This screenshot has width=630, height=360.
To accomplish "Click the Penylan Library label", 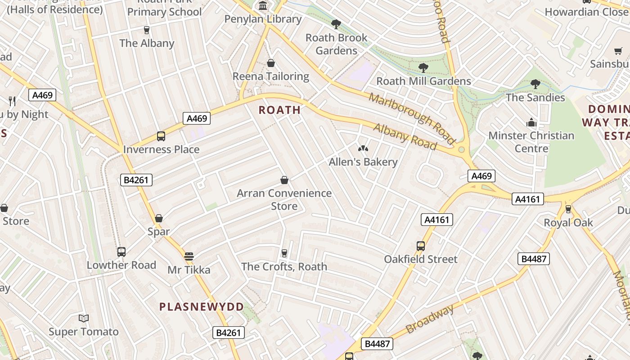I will point(263,19).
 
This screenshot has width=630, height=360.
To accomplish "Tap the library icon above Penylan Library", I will point(263,6).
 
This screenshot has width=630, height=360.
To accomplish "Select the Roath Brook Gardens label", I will point(336,44).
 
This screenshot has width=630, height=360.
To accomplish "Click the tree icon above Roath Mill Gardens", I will point(423,68).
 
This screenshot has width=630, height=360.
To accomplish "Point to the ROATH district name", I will point(279,110).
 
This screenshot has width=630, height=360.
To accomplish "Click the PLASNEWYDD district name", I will point(202,307).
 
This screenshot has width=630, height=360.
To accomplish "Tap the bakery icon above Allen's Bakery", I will point(363,148).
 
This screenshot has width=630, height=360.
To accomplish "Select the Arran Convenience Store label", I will point(284,199).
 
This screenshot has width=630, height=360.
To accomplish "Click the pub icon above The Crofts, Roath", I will point(284,253).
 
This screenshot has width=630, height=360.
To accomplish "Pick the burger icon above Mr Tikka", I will point(189,256).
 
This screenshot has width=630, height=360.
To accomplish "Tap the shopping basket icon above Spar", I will point(159,218).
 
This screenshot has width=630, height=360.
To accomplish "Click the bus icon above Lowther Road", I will point(121,252).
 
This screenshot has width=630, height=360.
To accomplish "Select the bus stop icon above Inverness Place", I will point(161,136).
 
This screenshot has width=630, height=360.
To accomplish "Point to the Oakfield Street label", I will point(420,259).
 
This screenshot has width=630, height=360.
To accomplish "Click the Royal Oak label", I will point(568,222).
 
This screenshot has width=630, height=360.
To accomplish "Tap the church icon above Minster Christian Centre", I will point(531,122).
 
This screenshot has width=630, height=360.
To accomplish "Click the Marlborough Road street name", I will point(412,117).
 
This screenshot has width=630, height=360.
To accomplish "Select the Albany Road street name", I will point(405,136).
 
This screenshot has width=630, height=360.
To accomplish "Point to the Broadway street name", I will point(430,319).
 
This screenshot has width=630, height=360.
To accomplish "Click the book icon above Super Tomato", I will point(84,319).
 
